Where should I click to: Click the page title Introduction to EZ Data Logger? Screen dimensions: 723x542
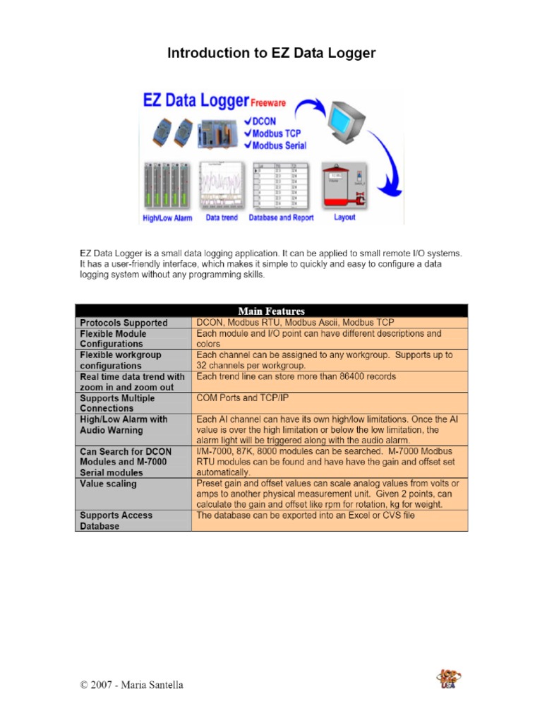click(271, 53)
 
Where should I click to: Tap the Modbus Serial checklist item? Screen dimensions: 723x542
click(279, 145)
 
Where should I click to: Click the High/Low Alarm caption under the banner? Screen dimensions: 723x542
click(167, 218)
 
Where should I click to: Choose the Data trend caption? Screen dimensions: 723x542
click(222, 218)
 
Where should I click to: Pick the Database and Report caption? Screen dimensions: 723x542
click(282, 218)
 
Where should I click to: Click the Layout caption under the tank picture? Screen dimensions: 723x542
click(344, 217)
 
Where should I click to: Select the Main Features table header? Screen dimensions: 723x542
click(271, 311)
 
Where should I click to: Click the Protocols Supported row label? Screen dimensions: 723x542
click(124, 323)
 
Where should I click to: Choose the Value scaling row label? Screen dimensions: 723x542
click(109, 484)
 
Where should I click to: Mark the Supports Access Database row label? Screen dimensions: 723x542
click(116, 520)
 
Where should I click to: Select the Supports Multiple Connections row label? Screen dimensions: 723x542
click(117, 403)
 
